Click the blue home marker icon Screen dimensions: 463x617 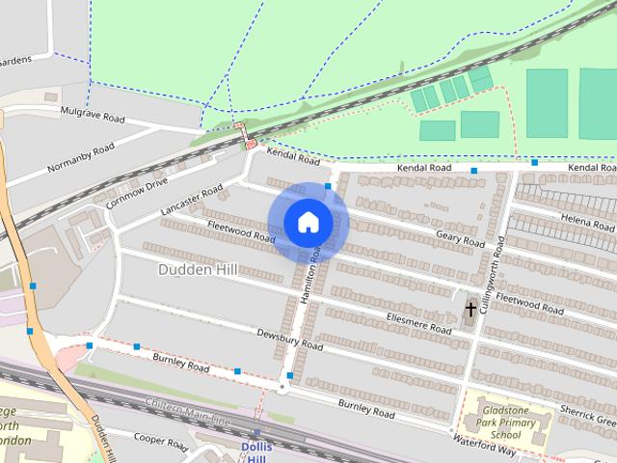[x=308, y=223]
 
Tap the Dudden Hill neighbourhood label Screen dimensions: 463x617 [x=197, y=271]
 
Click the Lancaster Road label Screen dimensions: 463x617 [x=192, y=198]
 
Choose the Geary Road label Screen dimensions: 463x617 [x=460, y=237]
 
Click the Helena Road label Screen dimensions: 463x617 [x=589, y=222]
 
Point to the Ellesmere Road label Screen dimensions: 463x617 [x=418, y=323]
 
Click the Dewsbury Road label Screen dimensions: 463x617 [x=290, y=339]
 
